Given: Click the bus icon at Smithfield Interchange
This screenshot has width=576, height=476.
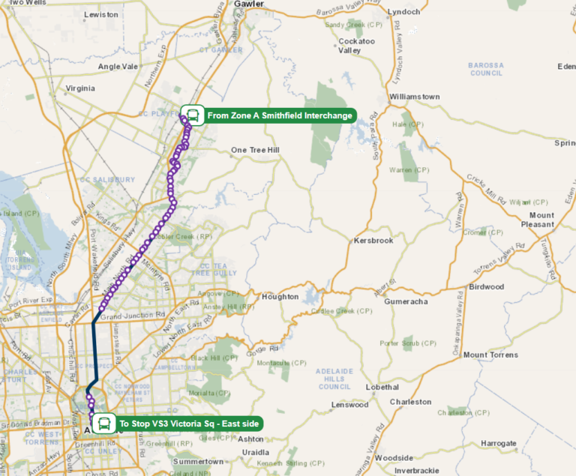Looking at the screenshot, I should pos(193,115).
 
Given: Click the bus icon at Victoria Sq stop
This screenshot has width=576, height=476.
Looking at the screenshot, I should pos(104,424).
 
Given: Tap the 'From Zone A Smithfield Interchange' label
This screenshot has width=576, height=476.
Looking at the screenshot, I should pos(279,115).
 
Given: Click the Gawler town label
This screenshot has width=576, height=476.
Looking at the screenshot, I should pos(250,4).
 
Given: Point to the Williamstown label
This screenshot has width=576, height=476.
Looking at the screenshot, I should pos(414,97).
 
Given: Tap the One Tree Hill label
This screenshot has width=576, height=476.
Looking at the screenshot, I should pos(255,150).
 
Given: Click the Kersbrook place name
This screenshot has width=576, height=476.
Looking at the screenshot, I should pos(373,241).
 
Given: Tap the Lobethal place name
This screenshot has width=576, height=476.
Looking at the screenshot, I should pos(382,387).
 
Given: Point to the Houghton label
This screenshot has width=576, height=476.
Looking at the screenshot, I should pos(280,297).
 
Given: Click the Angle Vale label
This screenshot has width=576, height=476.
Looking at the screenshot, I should pos(118,66).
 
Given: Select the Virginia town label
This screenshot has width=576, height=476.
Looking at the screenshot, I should pos(80,88).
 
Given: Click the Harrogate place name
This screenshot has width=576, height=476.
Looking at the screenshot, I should pos(499,443).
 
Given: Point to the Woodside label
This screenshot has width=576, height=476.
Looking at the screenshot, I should pos(394,457).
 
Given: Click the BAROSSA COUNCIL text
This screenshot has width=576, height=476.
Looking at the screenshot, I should pos(486,69).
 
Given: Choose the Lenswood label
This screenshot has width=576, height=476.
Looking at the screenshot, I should pos(350,405).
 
